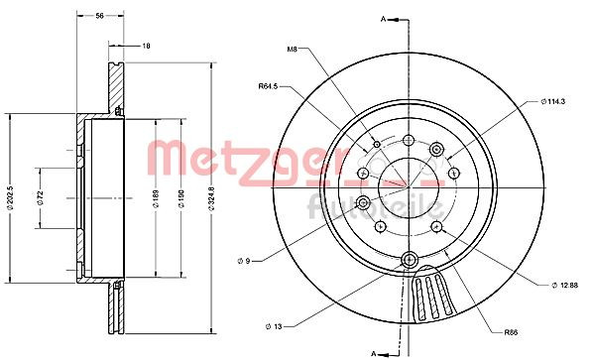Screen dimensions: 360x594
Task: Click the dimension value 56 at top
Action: point(99,16)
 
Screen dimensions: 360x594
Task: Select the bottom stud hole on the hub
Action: point(409,261)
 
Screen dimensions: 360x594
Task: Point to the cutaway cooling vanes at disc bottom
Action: point(433,298)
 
